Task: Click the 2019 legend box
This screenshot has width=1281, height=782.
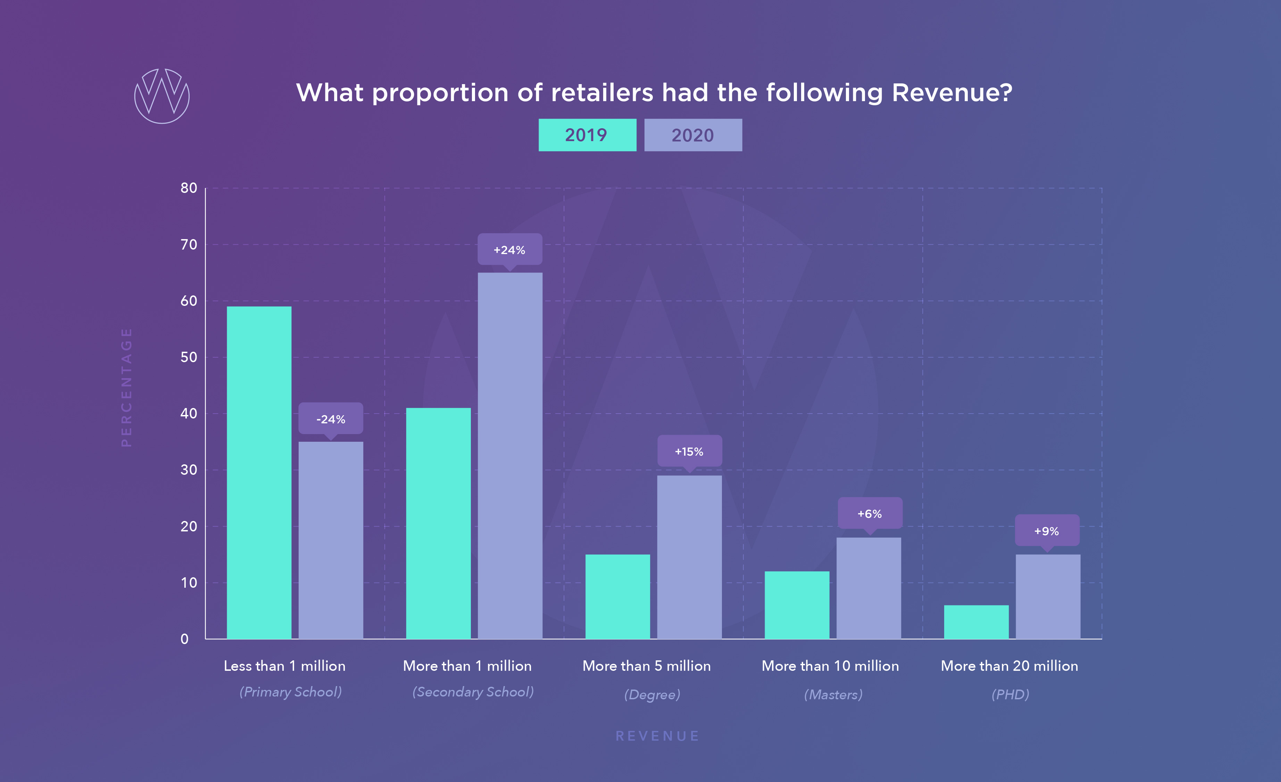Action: [587, 135]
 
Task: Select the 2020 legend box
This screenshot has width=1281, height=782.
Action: [693, 135]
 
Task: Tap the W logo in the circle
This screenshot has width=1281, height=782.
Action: [162, 96]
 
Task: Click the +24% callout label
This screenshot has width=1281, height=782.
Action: [509, 250]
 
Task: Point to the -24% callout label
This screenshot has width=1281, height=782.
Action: [331, 419]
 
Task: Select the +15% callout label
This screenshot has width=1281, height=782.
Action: [689, 451]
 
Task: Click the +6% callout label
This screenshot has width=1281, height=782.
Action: [870, 514]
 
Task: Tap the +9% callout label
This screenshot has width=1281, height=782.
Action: [1047, 531]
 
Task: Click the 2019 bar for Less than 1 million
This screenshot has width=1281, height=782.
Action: [259, 472]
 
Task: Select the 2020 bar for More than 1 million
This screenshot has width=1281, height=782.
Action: [510, 455]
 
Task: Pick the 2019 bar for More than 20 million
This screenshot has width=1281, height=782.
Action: [976, 622]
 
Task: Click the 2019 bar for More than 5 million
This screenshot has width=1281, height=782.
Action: [618, 596]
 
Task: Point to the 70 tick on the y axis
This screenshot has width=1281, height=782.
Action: [189, 245]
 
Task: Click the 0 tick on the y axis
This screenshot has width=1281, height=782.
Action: [184, 639]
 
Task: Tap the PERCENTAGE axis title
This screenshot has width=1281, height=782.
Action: [126, 387]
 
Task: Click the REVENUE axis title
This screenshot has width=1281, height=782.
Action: [657, 736]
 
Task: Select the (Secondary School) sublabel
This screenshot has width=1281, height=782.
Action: [473, 692]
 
